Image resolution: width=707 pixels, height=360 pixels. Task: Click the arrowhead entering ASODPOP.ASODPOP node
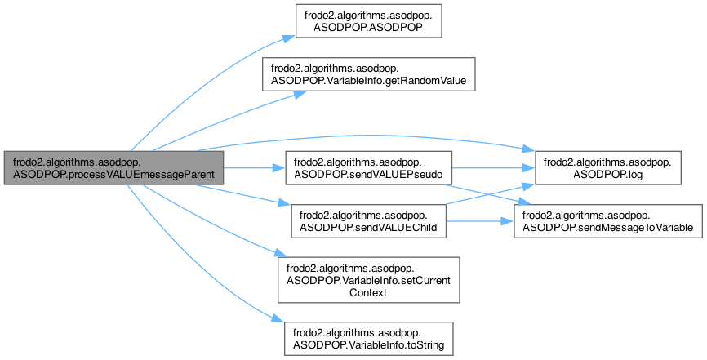point(287,36)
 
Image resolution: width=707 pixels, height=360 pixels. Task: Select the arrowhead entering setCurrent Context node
point(284,255)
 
